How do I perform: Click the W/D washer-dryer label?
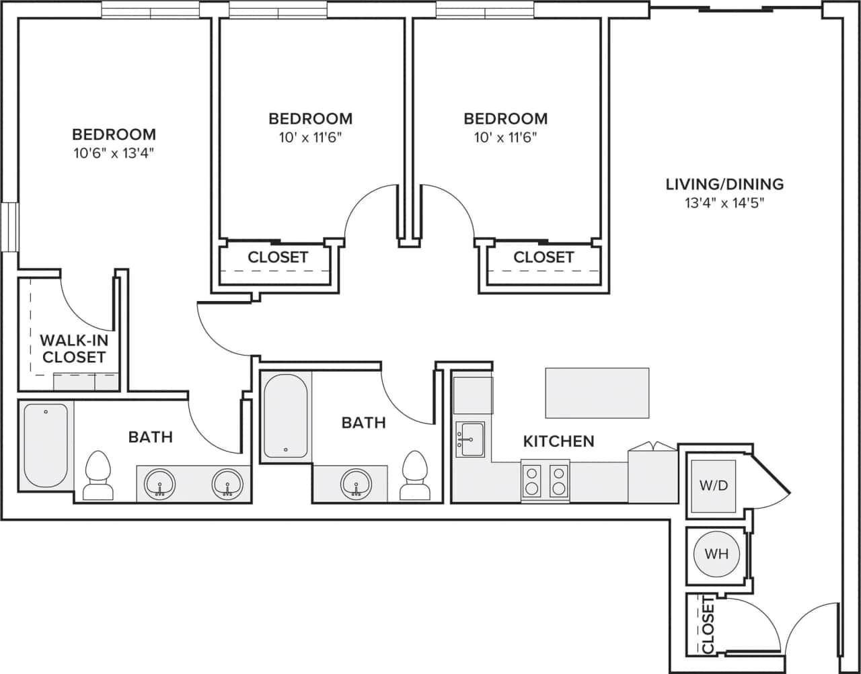(714, 485)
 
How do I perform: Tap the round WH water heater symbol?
(716, 554)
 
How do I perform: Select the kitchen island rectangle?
(597, 393)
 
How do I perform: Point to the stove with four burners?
(546, 480)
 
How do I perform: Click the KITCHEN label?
(558, 441)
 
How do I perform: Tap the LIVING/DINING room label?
(724, 183)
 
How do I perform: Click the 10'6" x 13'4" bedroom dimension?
(114, 153)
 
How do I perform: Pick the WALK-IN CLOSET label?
(73, 348)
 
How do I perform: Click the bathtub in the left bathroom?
(46, 446)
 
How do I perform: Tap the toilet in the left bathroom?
(98, 475)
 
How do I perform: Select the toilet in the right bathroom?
(414, 475)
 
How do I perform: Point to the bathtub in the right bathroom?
(285, 415)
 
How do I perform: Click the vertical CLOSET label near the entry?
(708, 625)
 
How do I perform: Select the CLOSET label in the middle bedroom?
(278, 257)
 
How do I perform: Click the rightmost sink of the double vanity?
(227, 482)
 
